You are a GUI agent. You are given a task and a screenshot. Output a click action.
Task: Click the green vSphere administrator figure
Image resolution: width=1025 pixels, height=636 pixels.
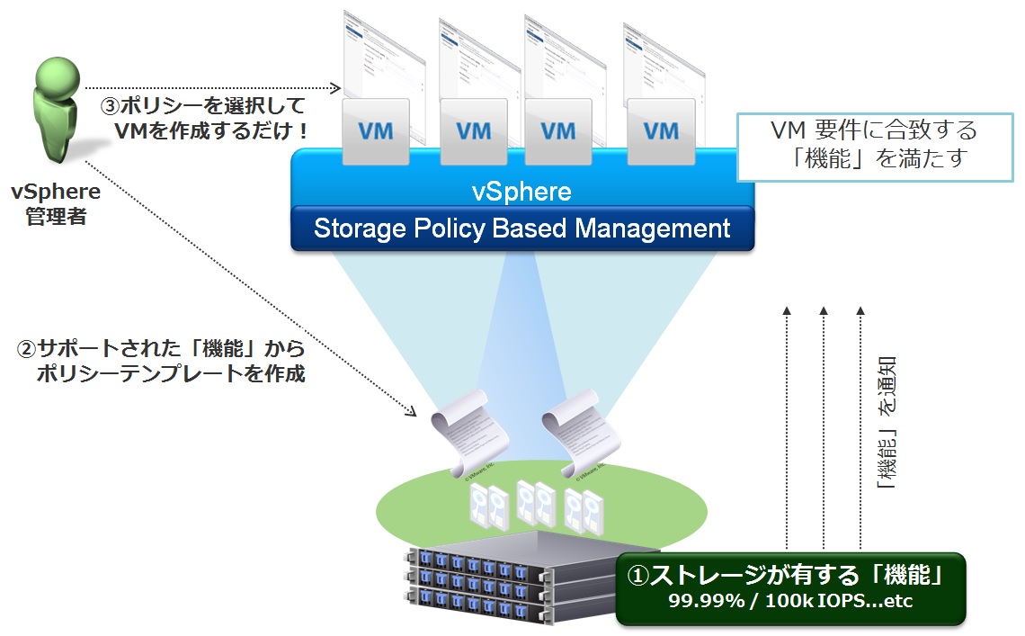click(56, 108)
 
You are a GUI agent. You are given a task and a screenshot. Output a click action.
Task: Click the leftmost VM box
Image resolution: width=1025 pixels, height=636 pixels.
click(375, 131)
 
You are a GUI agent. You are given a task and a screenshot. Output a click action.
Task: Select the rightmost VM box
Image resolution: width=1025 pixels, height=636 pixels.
click(662, 131)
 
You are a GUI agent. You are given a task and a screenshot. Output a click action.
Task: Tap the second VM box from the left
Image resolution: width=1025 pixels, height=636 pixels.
click(473, 131)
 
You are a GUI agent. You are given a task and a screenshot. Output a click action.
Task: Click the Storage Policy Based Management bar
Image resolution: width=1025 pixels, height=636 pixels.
click(521, 228)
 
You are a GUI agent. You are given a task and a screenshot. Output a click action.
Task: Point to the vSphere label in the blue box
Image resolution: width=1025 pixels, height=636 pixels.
click(521, 192)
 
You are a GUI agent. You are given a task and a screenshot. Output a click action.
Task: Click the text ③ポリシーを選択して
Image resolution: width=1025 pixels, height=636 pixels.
click(203, 105)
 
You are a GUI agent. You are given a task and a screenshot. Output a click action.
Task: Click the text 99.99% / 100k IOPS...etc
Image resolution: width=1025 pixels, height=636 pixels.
click(790, 601)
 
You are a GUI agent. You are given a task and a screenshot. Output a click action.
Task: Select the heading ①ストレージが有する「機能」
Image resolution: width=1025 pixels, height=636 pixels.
click(790, 573)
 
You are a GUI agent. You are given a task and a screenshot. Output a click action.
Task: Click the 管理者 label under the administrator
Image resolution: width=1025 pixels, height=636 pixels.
click(56, 217)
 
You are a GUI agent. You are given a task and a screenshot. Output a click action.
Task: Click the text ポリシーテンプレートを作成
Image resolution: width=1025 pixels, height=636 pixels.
click(172, 374)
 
